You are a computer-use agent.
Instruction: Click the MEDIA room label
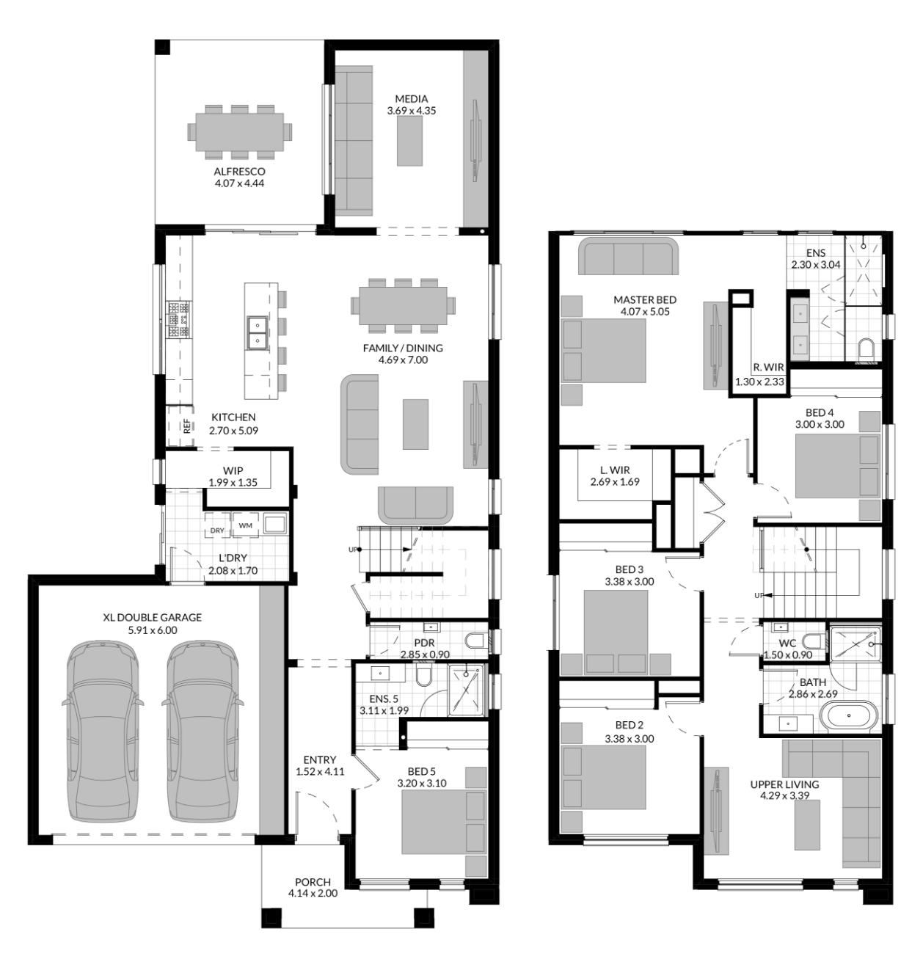pos(411,98)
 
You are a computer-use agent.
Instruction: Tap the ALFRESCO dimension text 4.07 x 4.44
pos(239,183)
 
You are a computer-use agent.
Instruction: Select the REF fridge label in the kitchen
pos(186,426)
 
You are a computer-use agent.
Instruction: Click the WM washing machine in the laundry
pos(245,525)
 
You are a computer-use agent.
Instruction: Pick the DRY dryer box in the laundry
pos(217,530)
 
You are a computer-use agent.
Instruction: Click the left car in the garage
pos(102,732)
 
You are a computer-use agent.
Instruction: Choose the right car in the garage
pos(203,732)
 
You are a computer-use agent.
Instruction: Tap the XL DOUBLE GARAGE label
pos(152,617)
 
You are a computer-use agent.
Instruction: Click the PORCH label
pos(313,882)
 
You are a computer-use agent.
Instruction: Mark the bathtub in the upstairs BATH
pos(849,715)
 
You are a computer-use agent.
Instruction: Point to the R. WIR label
pos(768,367)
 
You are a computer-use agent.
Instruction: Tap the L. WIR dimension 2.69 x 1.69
pos(615,482)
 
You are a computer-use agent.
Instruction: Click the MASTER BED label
pos(645,299)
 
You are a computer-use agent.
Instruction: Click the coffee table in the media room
pos(409,143)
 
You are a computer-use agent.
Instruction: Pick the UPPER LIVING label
pos(784,784)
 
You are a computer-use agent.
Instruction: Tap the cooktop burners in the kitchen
pos(179,319)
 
